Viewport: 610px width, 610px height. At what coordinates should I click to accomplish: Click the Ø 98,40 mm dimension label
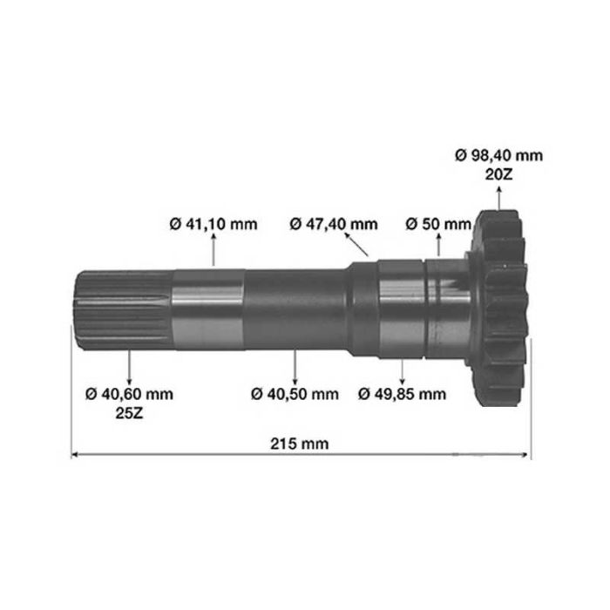pyautogui.click(x=498, y=155)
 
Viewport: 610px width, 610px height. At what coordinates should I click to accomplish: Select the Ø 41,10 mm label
pyautogui.click(x=213, y=224)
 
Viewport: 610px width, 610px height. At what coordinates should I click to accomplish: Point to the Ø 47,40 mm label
pyautogui.click(x=334, y=224)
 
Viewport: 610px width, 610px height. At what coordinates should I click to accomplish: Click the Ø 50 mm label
pyautogui.click(x=438, y=224)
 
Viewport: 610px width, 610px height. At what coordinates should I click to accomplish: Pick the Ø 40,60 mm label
pyautogui.click(x=130, y=394)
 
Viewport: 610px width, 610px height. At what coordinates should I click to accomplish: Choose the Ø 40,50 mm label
pyautogui.click(x=295, y=394)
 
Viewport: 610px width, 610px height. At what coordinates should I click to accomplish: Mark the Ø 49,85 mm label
pyautogui.click(x=403, y=394)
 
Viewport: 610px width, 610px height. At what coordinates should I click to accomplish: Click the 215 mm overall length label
pyautogui.click(x=299, y=444)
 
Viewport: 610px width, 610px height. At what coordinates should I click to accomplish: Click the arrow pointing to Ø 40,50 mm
pyautogui.click(x=295, y=366)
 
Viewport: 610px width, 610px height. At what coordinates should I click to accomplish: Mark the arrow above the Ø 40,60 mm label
pyautogui.click(x=130, y=366)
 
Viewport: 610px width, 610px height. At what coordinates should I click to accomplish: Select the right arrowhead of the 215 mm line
pyautogui.click(x=525, y=454)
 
